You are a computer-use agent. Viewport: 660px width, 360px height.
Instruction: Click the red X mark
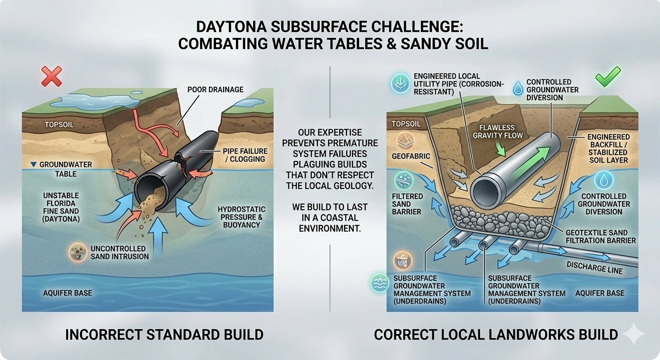(x=52, y=76)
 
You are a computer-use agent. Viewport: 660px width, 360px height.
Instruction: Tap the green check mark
(x=608, y=76)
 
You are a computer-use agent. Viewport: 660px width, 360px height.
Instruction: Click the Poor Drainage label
(x=215, y=89)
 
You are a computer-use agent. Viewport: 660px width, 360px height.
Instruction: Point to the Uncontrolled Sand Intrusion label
(x=118, y=252)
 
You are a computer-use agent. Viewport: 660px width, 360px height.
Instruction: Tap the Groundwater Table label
(x=60, y=169)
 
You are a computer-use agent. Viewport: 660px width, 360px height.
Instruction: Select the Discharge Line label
(x=594, y=268)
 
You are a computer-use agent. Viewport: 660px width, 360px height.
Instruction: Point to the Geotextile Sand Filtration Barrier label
(x=600, y=236)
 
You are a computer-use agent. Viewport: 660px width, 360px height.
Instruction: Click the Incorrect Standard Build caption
(x=164, y=335)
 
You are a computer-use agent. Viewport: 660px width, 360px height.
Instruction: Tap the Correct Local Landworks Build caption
(x=495, y=335)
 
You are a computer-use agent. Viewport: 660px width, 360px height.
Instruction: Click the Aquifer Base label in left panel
(x=67, y=293)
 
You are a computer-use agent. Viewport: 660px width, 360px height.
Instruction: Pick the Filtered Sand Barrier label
(x=407, y=204)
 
